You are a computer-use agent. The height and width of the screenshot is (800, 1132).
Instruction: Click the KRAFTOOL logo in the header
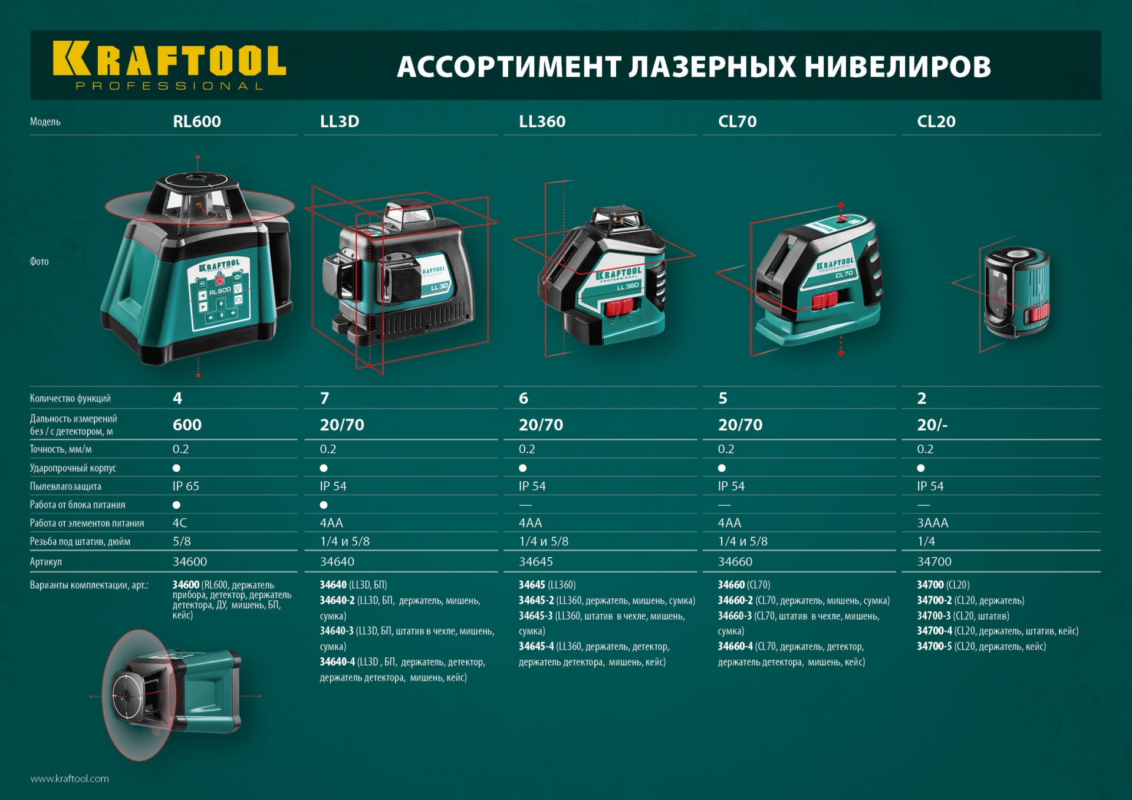(169, 65)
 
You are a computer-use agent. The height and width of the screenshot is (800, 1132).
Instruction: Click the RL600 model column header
(197, 121)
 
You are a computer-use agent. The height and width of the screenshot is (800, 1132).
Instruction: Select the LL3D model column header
(340, 121)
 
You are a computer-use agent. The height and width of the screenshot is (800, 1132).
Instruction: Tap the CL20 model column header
(936, 121)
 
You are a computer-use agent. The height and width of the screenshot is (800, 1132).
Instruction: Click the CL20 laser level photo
(1015, 292)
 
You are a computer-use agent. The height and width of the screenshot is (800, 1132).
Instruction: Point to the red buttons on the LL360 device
(619, 307)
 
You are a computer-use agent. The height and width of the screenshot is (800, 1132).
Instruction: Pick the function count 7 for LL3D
(325, 399)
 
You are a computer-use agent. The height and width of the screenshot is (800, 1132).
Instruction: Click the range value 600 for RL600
(187, 425)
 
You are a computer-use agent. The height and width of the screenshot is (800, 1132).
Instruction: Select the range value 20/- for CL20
(932, 425)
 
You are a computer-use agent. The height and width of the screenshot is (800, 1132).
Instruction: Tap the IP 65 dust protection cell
(186, 486)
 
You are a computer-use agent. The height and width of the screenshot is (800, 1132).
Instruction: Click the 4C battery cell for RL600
(180, 523)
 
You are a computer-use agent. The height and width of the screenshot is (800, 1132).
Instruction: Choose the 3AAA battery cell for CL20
(933, 523)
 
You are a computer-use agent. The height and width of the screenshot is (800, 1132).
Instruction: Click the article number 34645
(535, 562)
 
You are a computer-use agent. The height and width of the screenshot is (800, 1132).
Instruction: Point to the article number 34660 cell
(735, 562)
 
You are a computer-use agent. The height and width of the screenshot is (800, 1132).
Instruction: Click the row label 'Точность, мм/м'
(61, 449)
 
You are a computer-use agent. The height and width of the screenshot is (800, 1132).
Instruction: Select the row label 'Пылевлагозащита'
(65, 486)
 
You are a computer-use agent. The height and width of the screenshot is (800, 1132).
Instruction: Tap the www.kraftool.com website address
(70, 779)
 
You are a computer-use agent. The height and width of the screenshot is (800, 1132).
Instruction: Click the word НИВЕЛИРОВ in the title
(897, 67)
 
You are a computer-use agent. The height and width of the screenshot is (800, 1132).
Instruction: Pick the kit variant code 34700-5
(934, 647)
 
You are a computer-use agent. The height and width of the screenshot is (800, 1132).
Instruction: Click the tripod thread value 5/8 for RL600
(182, 541)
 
